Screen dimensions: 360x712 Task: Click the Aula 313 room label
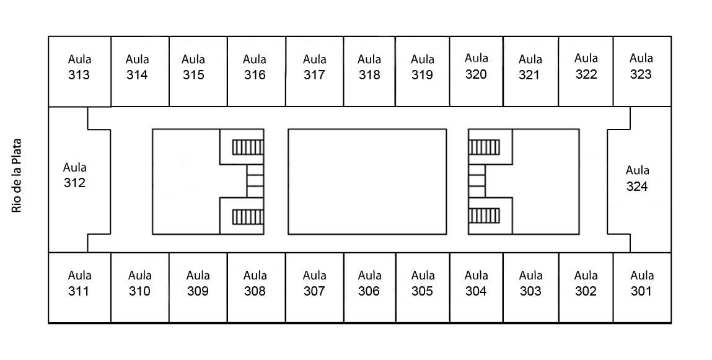[79, 68]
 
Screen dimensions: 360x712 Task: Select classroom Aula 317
[315, 68]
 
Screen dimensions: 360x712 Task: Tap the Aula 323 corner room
[641, 66]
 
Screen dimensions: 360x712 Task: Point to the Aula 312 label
[75, 175]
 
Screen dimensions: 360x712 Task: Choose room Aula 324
[637, 178]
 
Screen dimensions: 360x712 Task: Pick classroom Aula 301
[641, 283]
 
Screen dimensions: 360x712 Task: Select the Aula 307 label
[315, 283]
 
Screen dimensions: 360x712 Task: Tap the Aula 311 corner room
[79, 283]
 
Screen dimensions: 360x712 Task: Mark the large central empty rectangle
[367, 182]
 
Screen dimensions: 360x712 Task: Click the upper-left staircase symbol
[248, 147]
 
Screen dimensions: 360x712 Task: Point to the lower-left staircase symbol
[248, 216]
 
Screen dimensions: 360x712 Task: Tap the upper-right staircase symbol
[484, 147]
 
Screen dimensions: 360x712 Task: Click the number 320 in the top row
[476, 74]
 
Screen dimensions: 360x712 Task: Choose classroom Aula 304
[476, 283]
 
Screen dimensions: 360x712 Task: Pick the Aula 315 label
[193, 68]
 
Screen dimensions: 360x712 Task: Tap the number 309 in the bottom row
[198, 291]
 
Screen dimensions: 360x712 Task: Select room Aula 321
[530, 68]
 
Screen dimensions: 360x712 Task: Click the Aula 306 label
[369, 283]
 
